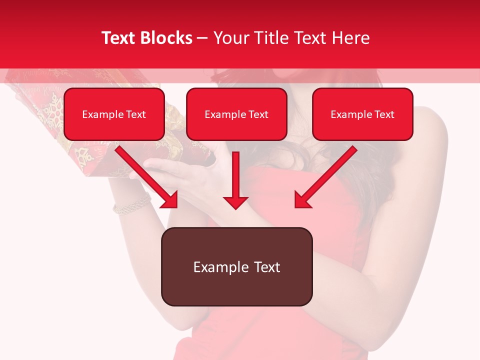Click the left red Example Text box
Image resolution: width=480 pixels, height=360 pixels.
(x=114, y=114)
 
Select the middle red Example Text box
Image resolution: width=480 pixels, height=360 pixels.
(x=236, y=114)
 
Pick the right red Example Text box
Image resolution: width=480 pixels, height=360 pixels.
(x=362, y=114)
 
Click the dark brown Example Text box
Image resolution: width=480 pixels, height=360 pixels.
(x=236, y=267)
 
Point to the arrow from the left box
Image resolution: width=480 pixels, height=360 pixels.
(x=147, y=177)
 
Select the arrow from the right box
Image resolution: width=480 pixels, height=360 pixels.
(x=325, y=177)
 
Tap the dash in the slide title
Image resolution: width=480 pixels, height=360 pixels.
(x=202, y=38)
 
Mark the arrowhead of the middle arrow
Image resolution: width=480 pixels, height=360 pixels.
(x=236, y=201)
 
